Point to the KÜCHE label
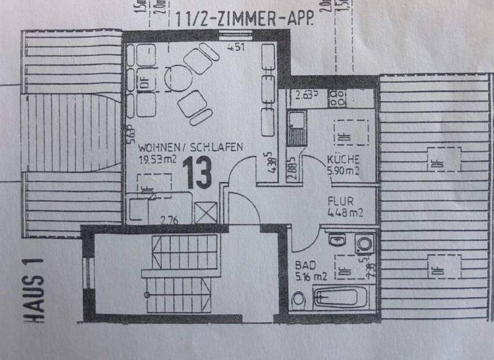[x=341, y=159]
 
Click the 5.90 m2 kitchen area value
[x=342, y=171]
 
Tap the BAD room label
[x=304, y=265]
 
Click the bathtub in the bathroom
[x=341, y=298]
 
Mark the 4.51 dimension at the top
[x=236, y=46]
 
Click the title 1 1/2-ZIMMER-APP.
[x=244, y=20]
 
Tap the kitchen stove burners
[x=337, y=98]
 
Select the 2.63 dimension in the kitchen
[x=306, y=97]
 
